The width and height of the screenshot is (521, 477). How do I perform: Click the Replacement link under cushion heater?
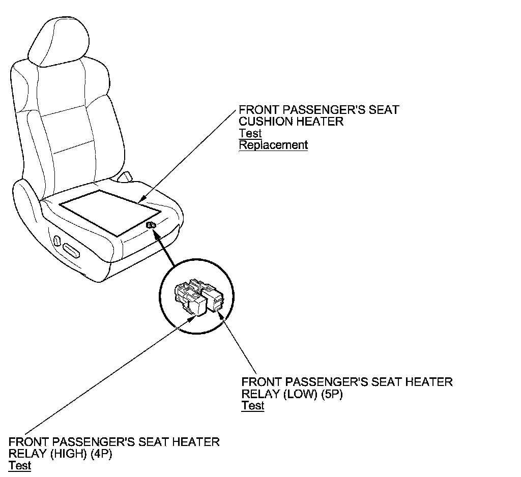[273, 145]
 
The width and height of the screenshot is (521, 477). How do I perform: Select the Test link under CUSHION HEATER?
[250, 133]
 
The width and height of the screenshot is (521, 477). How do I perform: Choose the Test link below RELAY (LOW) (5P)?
[252, 406]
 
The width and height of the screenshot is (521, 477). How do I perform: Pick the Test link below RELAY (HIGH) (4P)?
[20, 465]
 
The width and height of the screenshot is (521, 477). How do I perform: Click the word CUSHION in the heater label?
[264, 122]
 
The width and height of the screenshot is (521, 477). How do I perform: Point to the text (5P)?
[332, 394]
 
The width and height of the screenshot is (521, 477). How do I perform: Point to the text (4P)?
[101, 454]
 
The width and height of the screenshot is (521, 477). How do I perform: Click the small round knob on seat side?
[54, 238]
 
